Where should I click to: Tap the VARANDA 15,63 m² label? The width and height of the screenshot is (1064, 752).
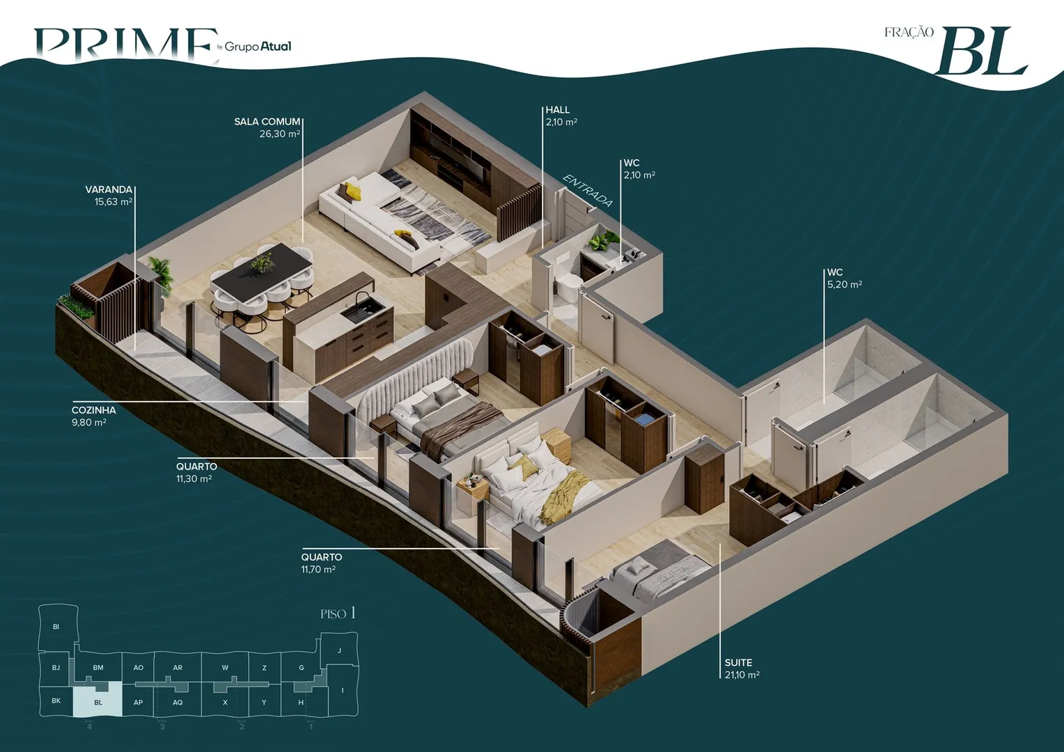pyautogui.click(x=109, y=195)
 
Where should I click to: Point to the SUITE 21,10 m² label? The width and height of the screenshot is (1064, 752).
pyautogui.click(x=742, y=668)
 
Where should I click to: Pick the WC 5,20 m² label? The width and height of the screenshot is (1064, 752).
pyautogui.click(x=845, y=279)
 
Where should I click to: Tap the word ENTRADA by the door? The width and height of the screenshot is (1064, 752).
pyautogui.click(x=588, y=191)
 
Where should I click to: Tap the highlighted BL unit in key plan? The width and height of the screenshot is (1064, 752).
pyautogui.click(x=98, y=699)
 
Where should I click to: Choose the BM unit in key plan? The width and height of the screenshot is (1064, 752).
pyautogui.click(x=98, y=668)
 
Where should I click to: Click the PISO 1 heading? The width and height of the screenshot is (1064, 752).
pyautogui.click(x=338, y=613)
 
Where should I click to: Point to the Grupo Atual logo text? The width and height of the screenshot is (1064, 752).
pyautogui.click(x=258, y=46)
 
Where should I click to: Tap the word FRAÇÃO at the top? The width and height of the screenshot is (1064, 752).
pyautogui.click(x=909, y=32)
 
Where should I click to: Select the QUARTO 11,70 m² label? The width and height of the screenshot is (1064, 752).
pyautogui.click(x=321, y=563)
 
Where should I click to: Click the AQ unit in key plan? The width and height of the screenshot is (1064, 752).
pyautogui.click(x=178, y=702)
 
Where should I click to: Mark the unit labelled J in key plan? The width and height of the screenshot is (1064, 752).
pyautogui.click(x=339, y=650)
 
